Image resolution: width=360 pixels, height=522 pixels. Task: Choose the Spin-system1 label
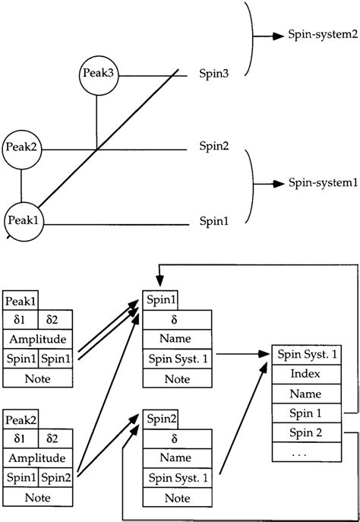(322, 183)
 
